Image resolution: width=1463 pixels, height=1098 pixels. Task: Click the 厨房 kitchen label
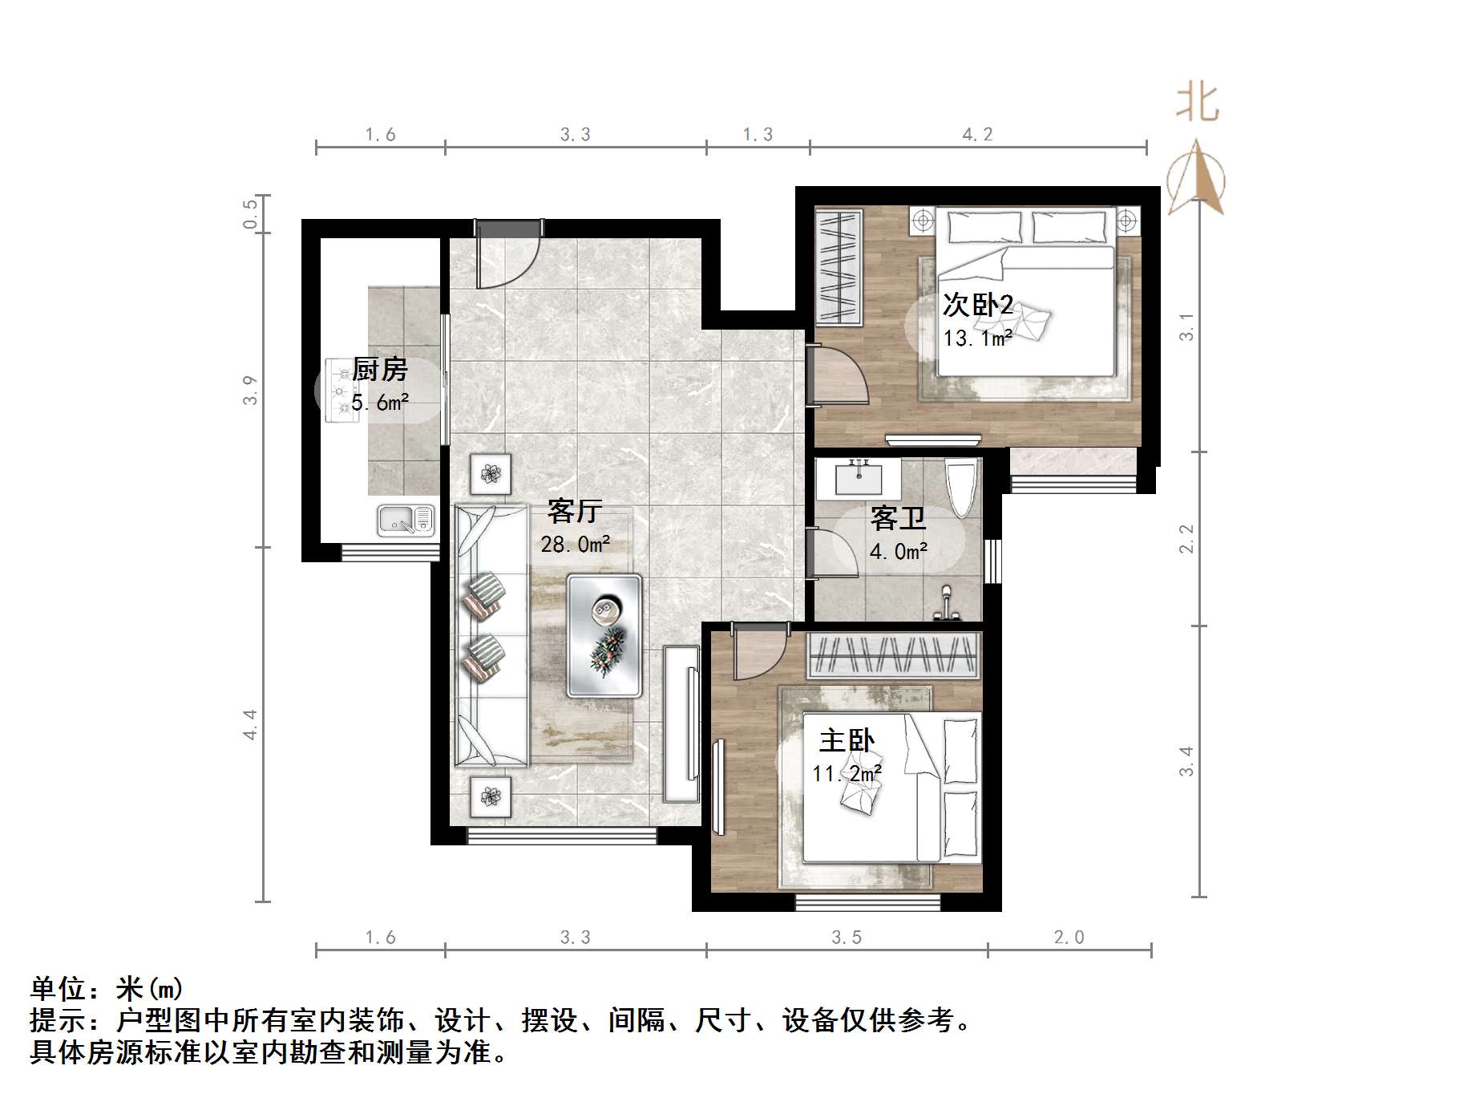click(380, 370)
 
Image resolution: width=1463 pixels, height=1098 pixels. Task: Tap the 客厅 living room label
click(575, 511)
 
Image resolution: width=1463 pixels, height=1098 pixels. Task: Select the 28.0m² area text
click(576, 545)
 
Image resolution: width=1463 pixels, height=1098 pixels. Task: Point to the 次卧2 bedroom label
click(978, 306)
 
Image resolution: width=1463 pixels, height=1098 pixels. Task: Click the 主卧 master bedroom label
click(847, 740)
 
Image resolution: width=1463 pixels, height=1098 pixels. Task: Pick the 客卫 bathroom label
click(898, 519)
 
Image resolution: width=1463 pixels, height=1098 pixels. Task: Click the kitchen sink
click(406, 521)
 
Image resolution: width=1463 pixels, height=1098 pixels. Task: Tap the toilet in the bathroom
click(961, 487)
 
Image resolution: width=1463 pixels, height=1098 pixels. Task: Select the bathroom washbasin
click(859, 478)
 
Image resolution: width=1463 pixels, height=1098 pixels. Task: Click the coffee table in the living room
click(604, 634)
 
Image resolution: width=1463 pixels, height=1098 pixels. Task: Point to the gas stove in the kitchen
click(343, 391)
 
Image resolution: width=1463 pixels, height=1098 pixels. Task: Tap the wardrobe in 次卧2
click(839, 267)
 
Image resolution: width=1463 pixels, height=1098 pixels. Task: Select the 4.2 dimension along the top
click(977, 135)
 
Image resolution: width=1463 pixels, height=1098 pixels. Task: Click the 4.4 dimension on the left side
click(250, 724)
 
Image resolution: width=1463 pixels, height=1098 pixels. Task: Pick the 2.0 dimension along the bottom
click(1069, 938)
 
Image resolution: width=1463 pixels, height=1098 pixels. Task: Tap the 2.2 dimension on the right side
click(1186, 538)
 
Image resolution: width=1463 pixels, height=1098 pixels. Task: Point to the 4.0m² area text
click(899, 552)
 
